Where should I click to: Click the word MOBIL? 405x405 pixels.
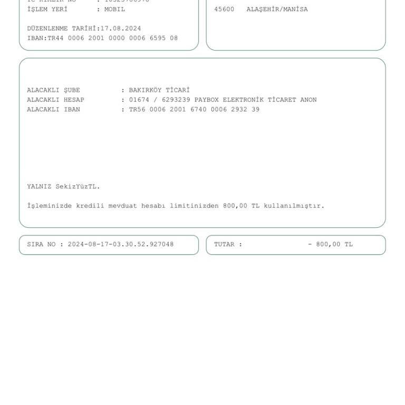click(x=114, y=9)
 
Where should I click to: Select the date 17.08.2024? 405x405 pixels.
click(x=121, y=28)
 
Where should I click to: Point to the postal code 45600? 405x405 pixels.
click(x=224, y=9)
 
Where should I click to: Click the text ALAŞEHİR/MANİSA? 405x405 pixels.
click(x=277, y=9)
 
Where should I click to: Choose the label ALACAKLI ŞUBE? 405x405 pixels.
click(x=53, y=90)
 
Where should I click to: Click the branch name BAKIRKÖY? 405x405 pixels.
click(x=145, y=90)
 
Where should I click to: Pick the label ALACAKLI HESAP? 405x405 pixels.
click(x=55, y=100)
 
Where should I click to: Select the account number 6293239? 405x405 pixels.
click(x=176, y=100)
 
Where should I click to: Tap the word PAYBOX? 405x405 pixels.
click(x=206, y=100)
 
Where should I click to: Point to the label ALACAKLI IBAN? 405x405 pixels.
click(x=53, y=110)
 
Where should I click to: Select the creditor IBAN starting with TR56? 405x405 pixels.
click(x=194, y=110)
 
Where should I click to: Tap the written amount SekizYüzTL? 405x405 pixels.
click(x=78, y=187)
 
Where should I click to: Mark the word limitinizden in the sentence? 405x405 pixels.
click(x=194, y=206)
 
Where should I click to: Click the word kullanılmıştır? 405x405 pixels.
click(x=294, y=206)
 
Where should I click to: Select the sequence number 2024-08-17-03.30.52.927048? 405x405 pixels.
click(x=121, y=245)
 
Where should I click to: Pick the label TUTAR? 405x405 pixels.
click(x=226, y=245)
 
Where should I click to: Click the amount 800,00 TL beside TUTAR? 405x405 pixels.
click(x=334, y=245)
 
